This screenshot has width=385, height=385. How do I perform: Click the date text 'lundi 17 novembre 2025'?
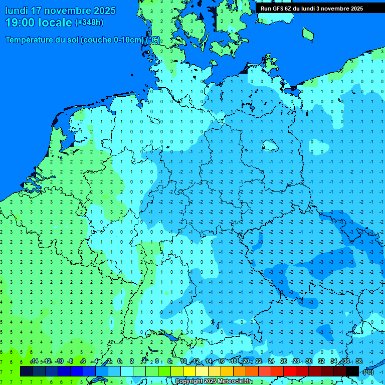(x=60, y=11)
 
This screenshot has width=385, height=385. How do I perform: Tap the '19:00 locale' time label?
(x=39, y=23)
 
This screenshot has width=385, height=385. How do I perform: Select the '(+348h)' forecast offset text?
(x=89, y=23)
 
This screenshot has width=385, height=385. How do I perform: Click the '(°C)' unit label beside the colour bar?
(x=367, y=371)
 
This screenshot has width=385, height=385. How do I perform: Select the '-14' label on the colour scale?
(x=34, y=361)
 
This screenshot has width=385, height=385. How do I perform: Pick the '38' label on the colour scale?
(x=358, y=361)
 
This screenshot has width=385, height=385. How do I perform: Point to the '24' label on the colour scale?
(x=271, y=361)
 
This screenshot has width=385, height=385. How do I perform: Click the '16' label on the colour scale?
(x=221, y=361)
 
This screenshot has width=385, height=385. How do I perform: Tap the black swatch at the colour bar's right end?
(x=352, y=371)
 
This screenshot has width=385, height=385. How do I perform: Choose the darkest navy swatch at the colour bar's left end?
(x=27, y=371)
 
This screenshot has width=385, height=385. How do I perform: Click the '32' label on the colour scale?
(x=321, y=361)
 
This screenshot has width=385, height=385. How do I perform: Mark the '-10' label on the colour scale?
(x=59, y=361)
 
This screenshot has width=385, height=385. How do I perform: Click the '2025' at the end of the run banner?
(x=356, y=9)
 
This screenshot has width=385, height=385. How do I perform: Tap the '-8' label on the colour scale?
(x=71, y=361)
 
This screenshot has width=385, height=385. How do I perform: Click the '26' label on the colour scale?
(x=284, y=361)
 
